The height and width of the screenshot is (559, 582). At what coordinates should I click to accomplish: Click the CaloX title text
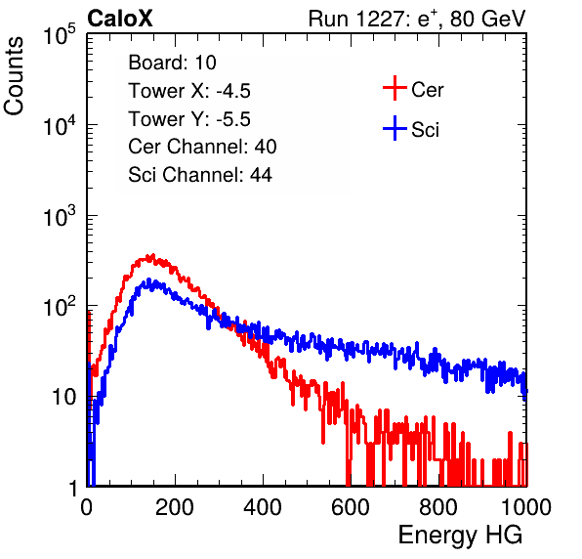120,19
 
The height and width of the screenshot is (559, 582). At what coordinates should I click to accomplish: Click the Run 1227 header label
417,19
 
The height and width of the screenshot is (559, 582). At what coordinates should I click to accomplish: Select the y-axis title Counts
14,76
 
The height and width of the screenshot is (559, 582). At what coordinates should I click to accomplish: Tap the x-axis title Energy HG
460,536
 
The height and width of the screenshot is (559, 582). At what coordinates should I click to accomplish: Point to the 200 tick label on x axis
175,507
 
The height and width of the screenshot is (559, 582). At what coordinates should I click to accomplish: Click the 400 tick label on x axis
263,507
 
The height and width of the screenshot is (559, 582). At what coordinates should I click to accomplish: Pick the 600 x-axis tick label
351,507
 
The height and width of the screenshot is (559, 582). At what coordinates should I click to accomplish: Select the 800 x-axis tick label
438,507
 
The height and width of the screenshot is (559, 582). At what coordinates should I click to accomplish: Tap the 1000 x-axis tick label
526,507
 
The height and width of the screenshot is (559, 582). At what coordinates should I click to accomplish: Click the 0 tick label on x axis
87,507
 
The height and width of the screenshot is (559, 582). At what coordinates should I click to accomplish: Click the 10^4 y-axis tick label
60,125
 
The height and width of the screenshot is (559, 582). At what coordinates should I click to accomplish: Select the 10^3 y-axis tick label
60,216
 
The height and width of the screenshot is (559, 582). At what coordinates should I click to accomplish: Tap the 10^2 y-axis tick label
60,307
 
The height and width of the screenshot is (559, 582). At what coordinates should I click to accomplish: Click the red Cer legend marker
395,88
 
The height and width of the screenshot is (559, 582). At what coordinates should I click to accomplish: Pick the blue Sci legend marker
395,129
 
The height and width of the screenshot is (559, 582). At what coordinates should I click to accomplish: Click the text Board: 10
172,63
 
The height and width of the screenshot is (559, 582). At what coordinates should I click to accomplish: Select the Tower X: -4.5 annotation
189,91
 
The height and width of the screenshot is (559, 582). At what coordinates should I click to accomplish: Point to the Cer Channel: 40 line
202,147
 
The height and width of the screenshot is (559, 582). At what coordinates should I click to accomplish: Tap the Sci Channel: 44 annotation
200,175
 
